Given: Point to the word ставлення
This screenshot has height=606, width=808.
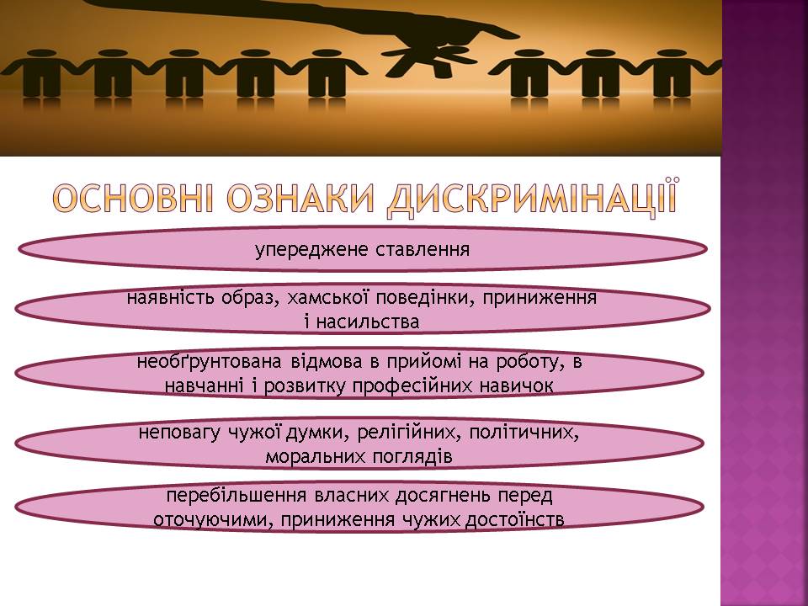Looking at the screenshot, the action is [x=423, y=249].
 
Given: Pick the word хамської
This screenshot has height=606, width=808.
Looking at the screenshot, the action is [x=327, y=298].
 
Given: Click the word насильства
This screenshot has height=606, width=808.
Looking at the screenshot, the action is [x=368, y=322].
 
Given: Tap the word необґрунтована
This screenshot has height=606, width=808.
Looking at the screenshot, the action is [x=210, y=362].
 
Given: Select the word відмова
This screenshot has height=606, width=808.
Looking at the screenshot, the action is [x=327, y=362].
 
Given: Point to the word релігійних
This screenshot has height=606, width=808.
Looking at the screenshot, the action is [x=411, y=433].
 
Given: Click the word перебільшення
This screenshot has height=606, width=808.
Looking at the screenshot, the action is [x=236, y=496].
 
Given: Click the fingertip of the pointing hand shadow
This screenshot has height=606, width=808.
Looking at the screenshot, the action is [x=515, y=35].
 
